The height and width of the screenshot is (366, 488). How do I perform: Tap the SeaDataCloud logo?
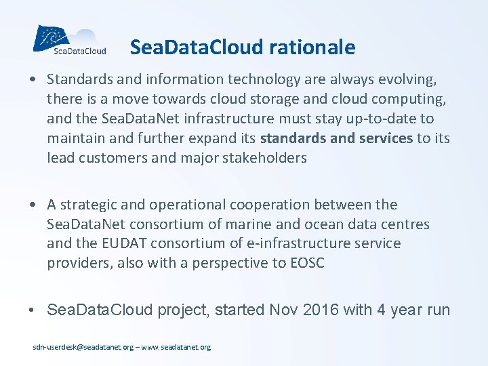[70, 39]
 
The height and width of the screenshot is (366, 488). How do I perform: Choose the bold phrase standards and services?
[336, 139]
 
